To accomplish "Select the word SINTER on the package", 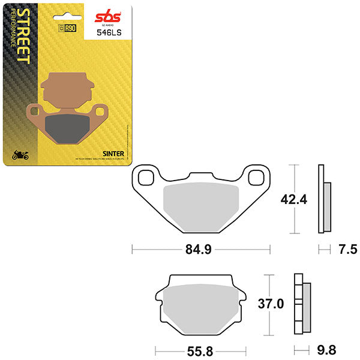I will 113,154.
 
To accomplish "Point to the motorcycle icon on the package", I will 20,155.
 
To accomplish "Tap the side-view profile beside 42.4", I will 325,199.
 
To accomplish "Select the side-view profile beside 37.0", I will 301,304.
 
